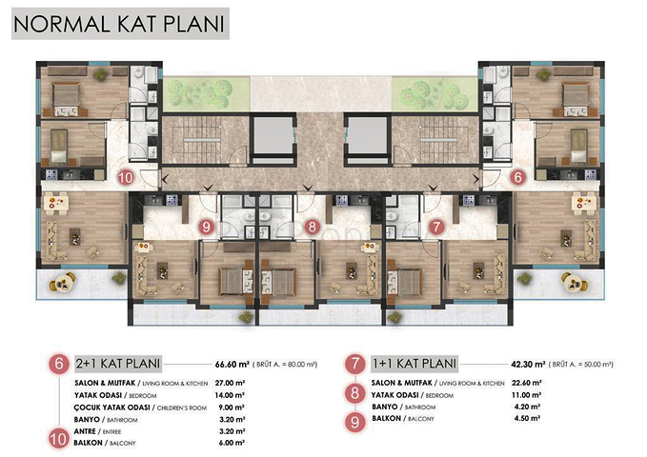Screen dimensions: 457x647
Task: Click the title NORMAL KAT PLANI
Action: [119, 23]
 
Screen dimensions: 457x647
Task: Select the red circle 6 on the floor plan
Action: [517, 176]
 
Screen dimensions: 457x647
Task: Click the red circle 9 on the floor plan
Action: [208, 227]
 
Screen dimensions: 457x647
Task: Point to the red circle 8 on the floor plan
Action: [313, 227]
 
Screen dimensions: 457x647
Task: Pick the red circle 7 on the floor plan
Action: [435, 227]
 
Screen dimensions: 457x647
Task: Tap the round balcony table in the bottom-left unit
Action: [66, 280]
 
